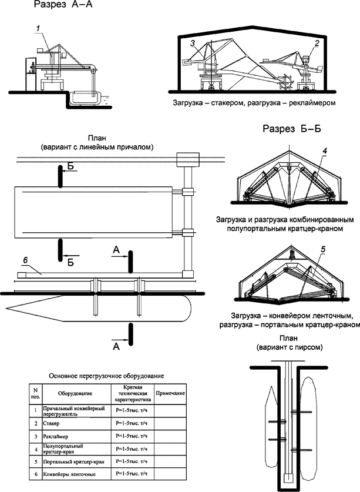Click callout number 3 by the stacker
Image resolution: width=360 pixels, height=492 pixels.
coord(192,43)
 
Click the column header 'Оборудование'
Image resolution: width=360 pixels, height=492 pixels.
coord(73,393)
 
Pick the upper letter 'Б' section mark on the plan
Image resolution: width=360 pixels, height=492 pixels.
coord(69,168)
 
